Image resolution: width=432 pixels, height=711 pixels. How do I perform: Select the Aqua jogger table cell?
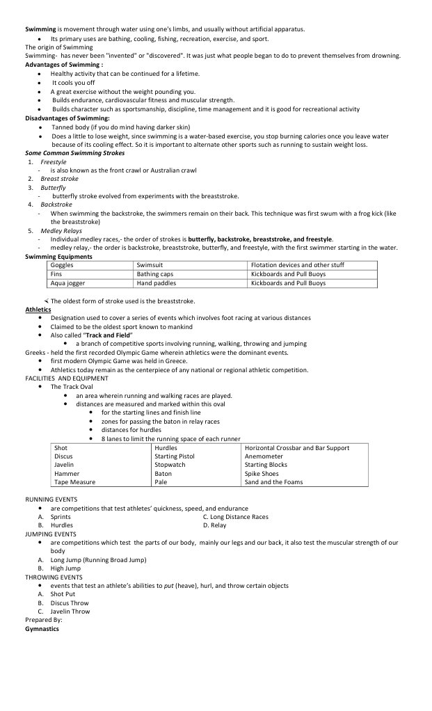[67, 283]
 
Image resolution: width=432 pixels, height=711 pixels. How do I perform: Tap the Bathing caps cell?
[155, 274]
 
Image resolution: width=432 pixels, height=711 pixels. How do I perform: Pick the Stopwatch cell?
[170, 465]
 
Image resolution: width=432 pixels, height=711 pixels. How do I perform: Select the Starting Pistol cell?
[175, 456]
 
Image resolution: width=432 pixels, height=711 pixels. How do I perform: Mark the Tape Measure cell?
[75, 481]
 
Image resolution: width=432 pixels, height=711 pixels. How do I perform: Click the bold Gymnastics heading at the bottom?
[42, 628]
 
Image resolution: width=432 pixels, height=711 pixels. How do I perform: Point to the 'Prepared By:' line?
[44, 619]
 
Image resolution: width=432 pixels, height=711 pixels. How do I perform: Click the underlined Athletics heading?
[38, 309]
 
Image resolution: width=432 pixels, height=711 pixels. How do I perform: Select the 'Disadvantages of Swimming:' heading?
[67, 118]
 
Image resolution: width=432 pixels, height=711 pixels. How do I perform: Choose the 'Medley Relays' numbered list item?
[61, 230]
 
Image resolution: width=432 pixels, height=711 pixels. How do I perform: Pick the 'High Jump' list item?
[65, 568]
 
